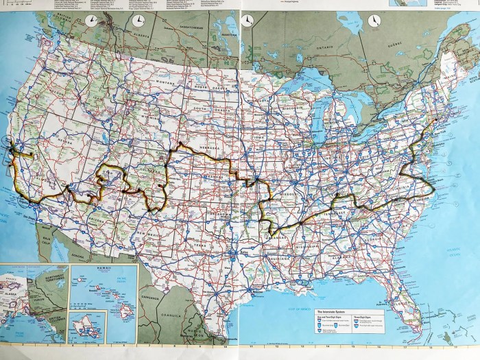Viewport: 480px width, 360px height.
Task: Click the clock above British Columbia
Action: click(x=92, y=21)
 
